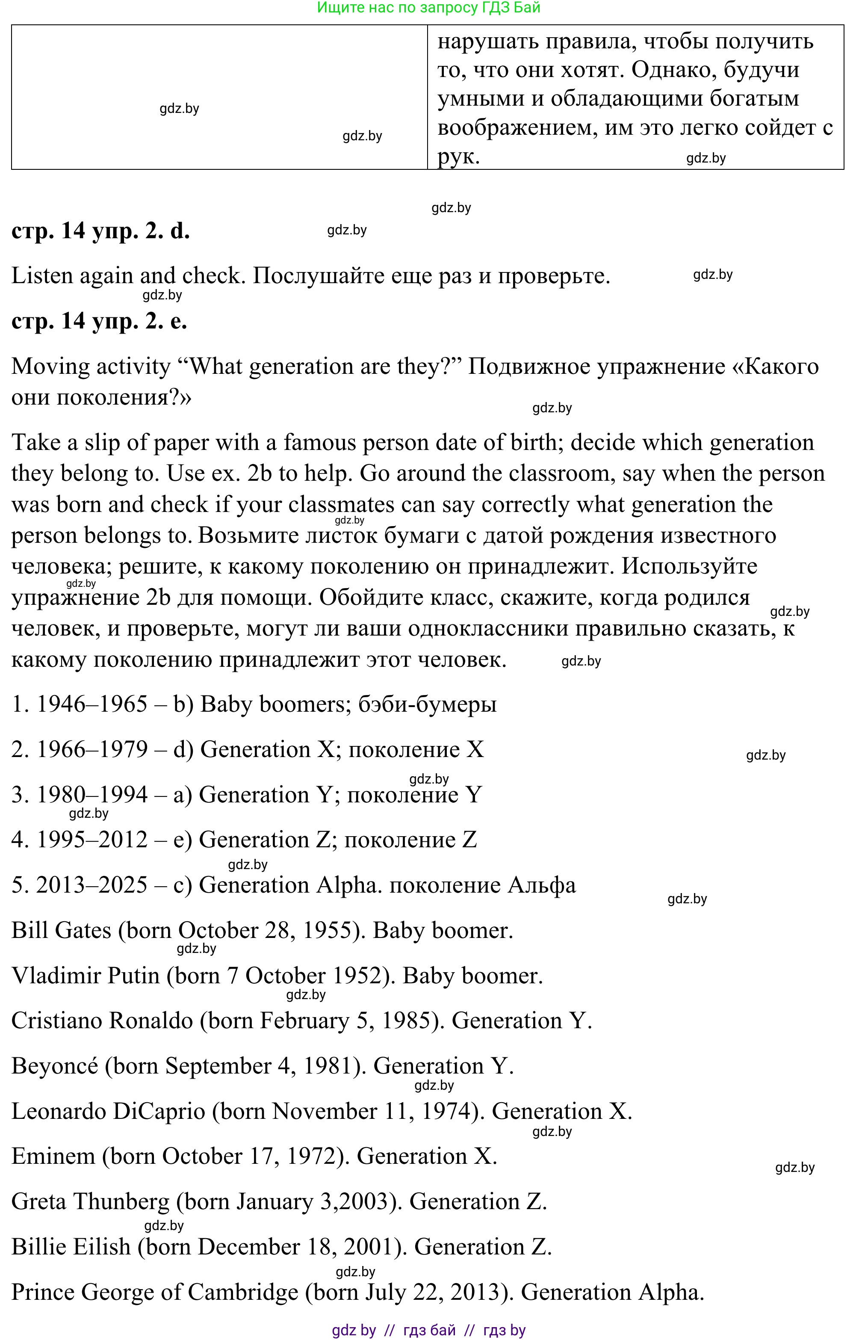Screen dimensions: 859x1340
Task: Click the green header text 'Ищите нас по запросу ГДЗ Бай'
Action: tap(428, 8)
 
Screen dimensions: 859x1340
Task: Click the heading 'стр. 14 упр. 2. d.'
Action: tap(100, 231)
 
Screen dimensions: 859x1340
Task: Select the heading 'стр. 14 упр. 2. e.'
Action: tap(99, 321)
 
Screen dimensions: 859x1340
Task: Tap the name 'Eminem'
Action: tap(53, 1157)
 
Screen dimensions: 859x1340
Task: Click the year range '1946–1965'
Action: tap(92, 704)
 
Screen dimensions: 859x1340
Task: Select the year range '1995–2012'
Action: tap(92, 840)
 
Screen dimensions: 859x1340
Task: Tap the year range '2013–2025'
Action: tap(92, 885)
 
